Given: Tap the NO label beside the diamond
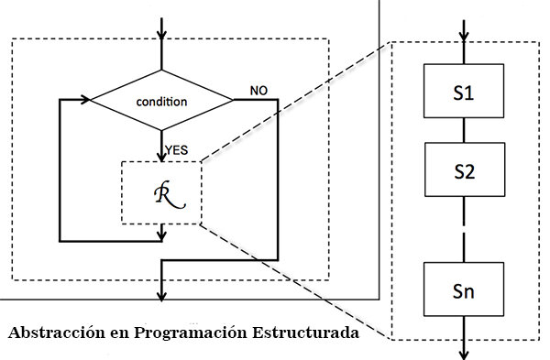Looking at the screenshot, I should coord(259,91).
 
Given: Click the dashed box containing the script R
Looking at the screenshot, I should coord(161,193).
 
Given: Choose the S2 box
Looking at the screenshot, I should coord(464,170).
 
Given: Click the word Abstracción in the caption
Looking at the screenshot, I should coord(55,332).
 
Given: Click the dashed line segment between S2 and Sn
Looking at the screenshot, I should coord(464,242).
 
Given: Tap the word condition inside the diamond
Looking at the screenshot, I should coord(161,101).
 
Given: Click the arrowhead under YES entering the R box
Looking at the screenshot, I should coord(163,155).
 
